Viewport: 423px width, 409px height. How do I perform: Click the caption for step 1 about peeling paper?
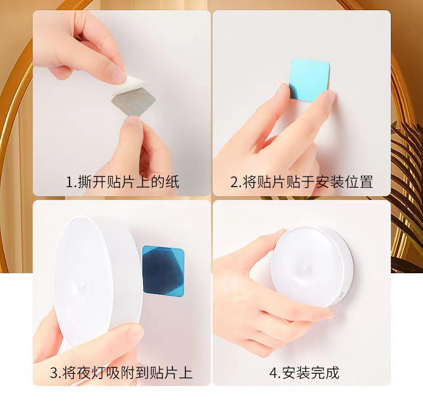(x=122, y=182)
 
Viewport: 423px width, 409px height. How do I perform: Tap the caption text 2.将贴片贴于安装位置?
(x=301, y=182)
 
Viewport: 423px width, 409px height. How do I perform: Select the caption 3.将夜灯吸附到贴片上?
(x=121, y=372)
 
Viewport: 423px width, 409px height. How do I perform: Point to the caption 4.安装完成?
(x=304, y=372)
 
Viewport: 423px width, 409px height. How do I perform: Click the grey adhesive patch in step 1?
(x=134, y=102)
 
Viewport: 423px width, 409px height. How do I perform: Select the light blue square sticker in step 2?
(x=309, y=80)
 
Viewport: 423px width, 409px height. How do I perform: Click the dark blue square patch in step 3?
(x=163, y=270)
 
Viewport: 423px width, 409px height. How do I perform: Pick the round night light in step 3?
(x=96, y=278)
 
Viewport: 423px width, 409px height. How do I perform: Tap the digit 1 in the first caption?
(x=69, y=182)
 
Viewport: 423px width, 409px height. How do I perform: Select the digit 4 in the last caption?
(x=272, y=373)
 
